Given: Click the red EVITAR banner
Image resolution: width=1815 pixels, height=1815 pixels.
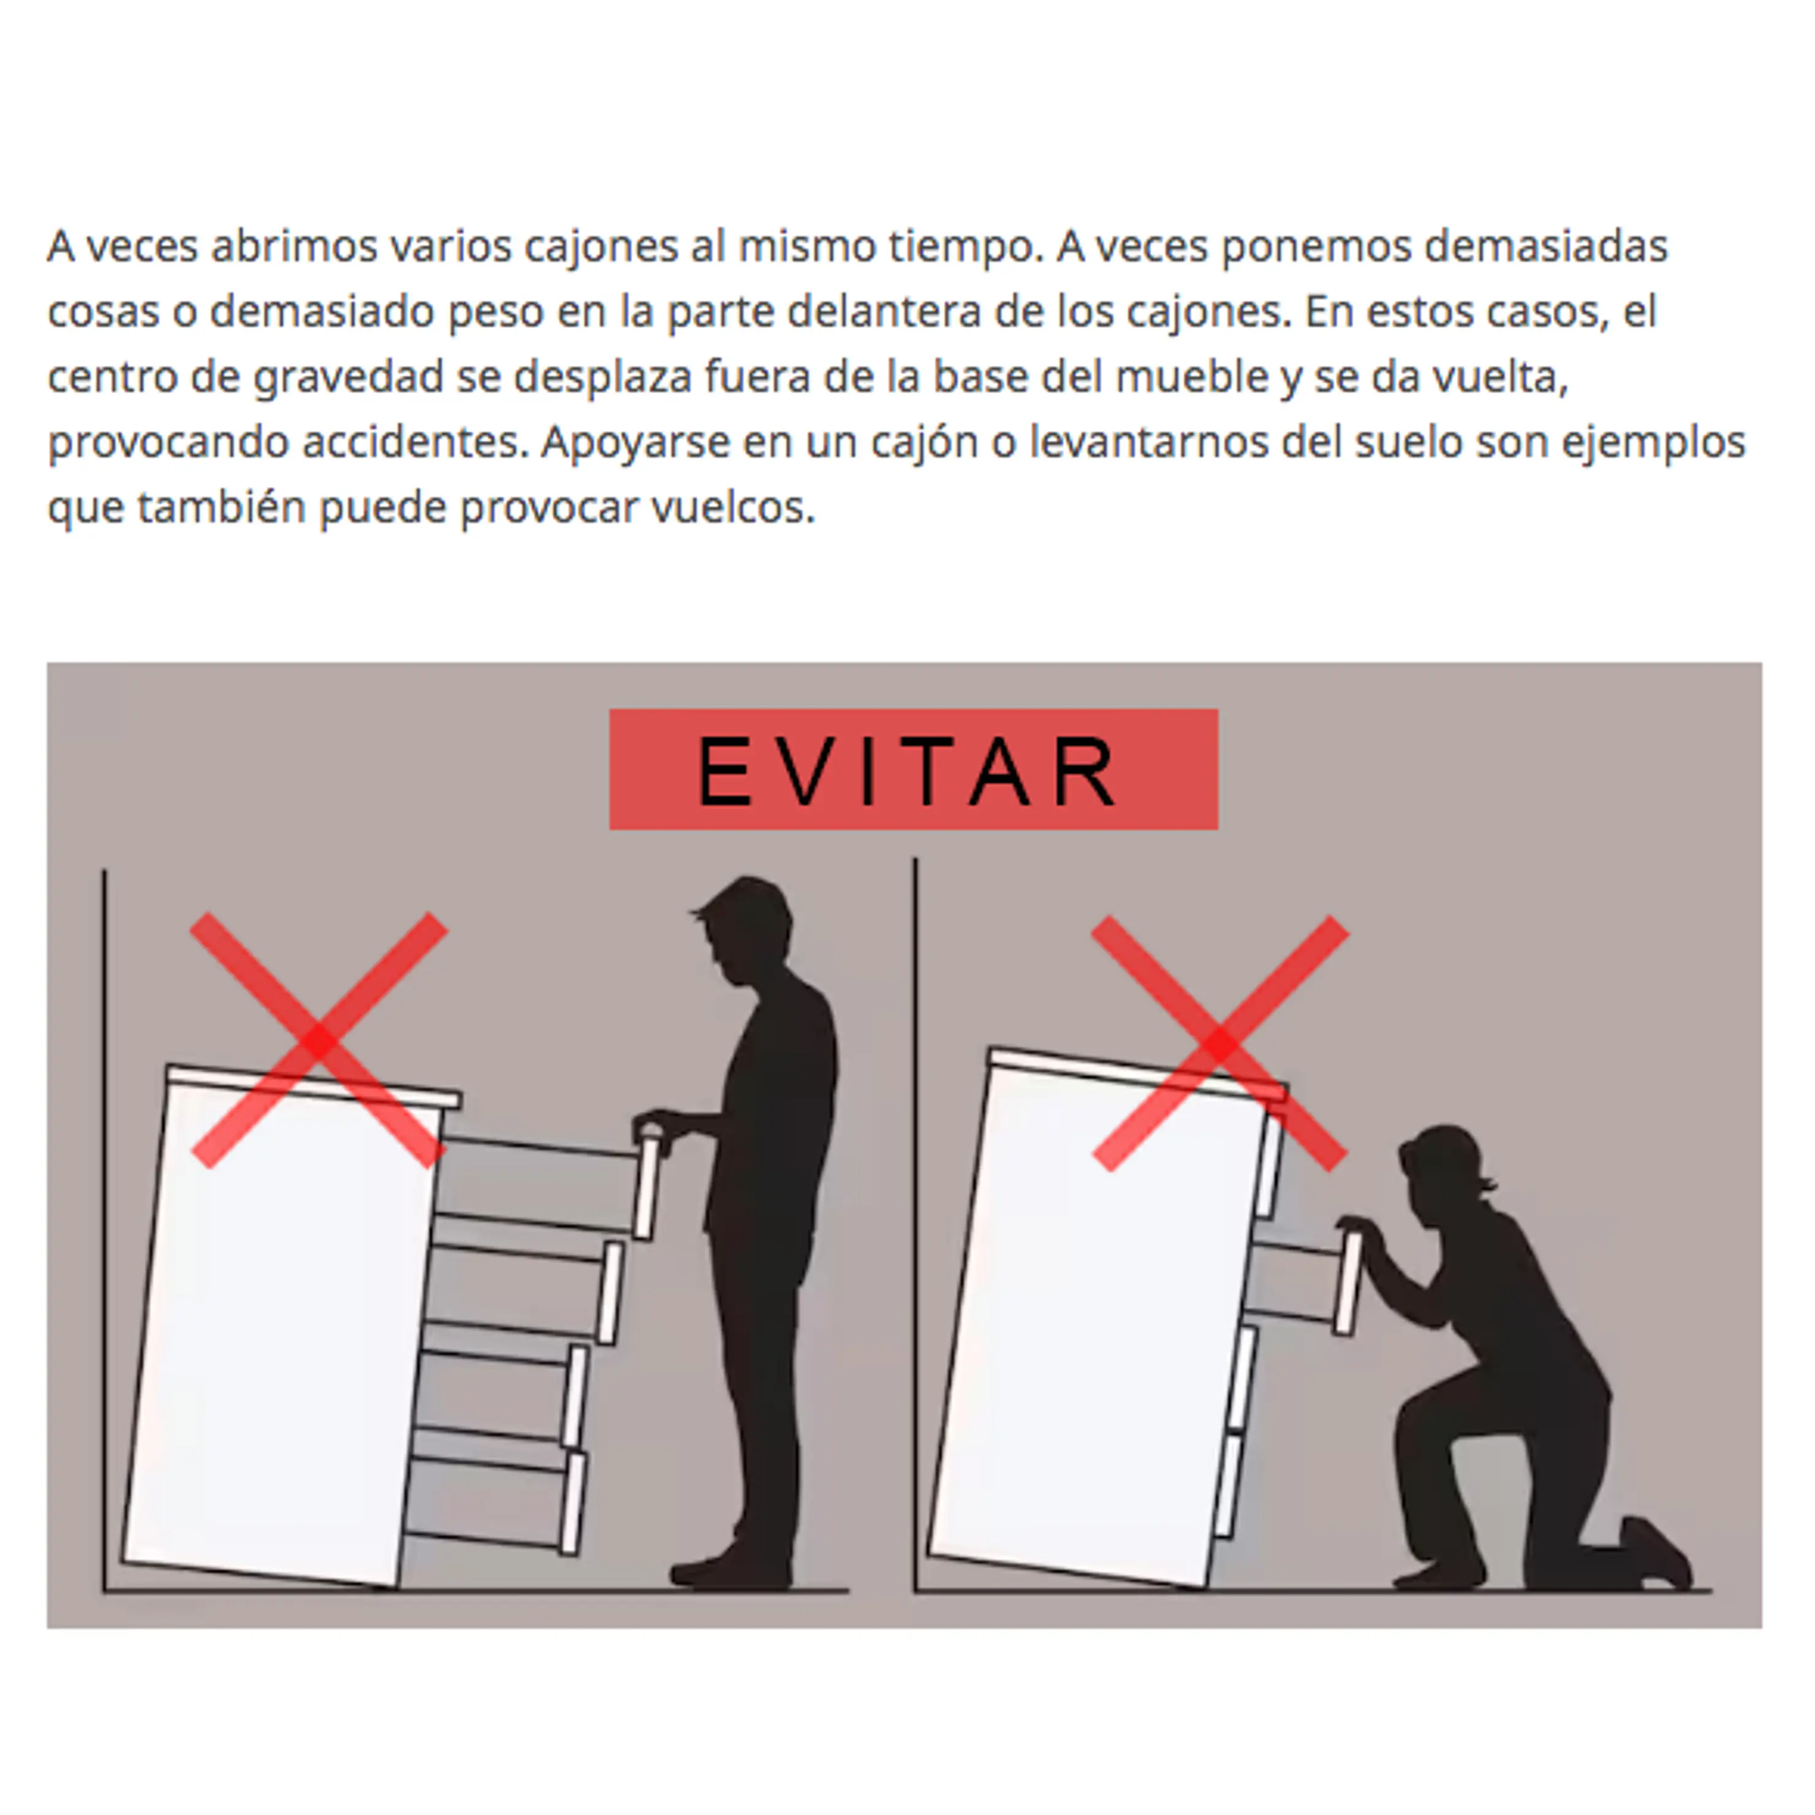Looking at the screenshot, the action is [x=913, y=768].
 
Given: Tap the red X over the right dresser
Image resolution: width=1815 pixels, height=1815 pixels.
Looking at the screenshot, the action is [x=1219, y=1043].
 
